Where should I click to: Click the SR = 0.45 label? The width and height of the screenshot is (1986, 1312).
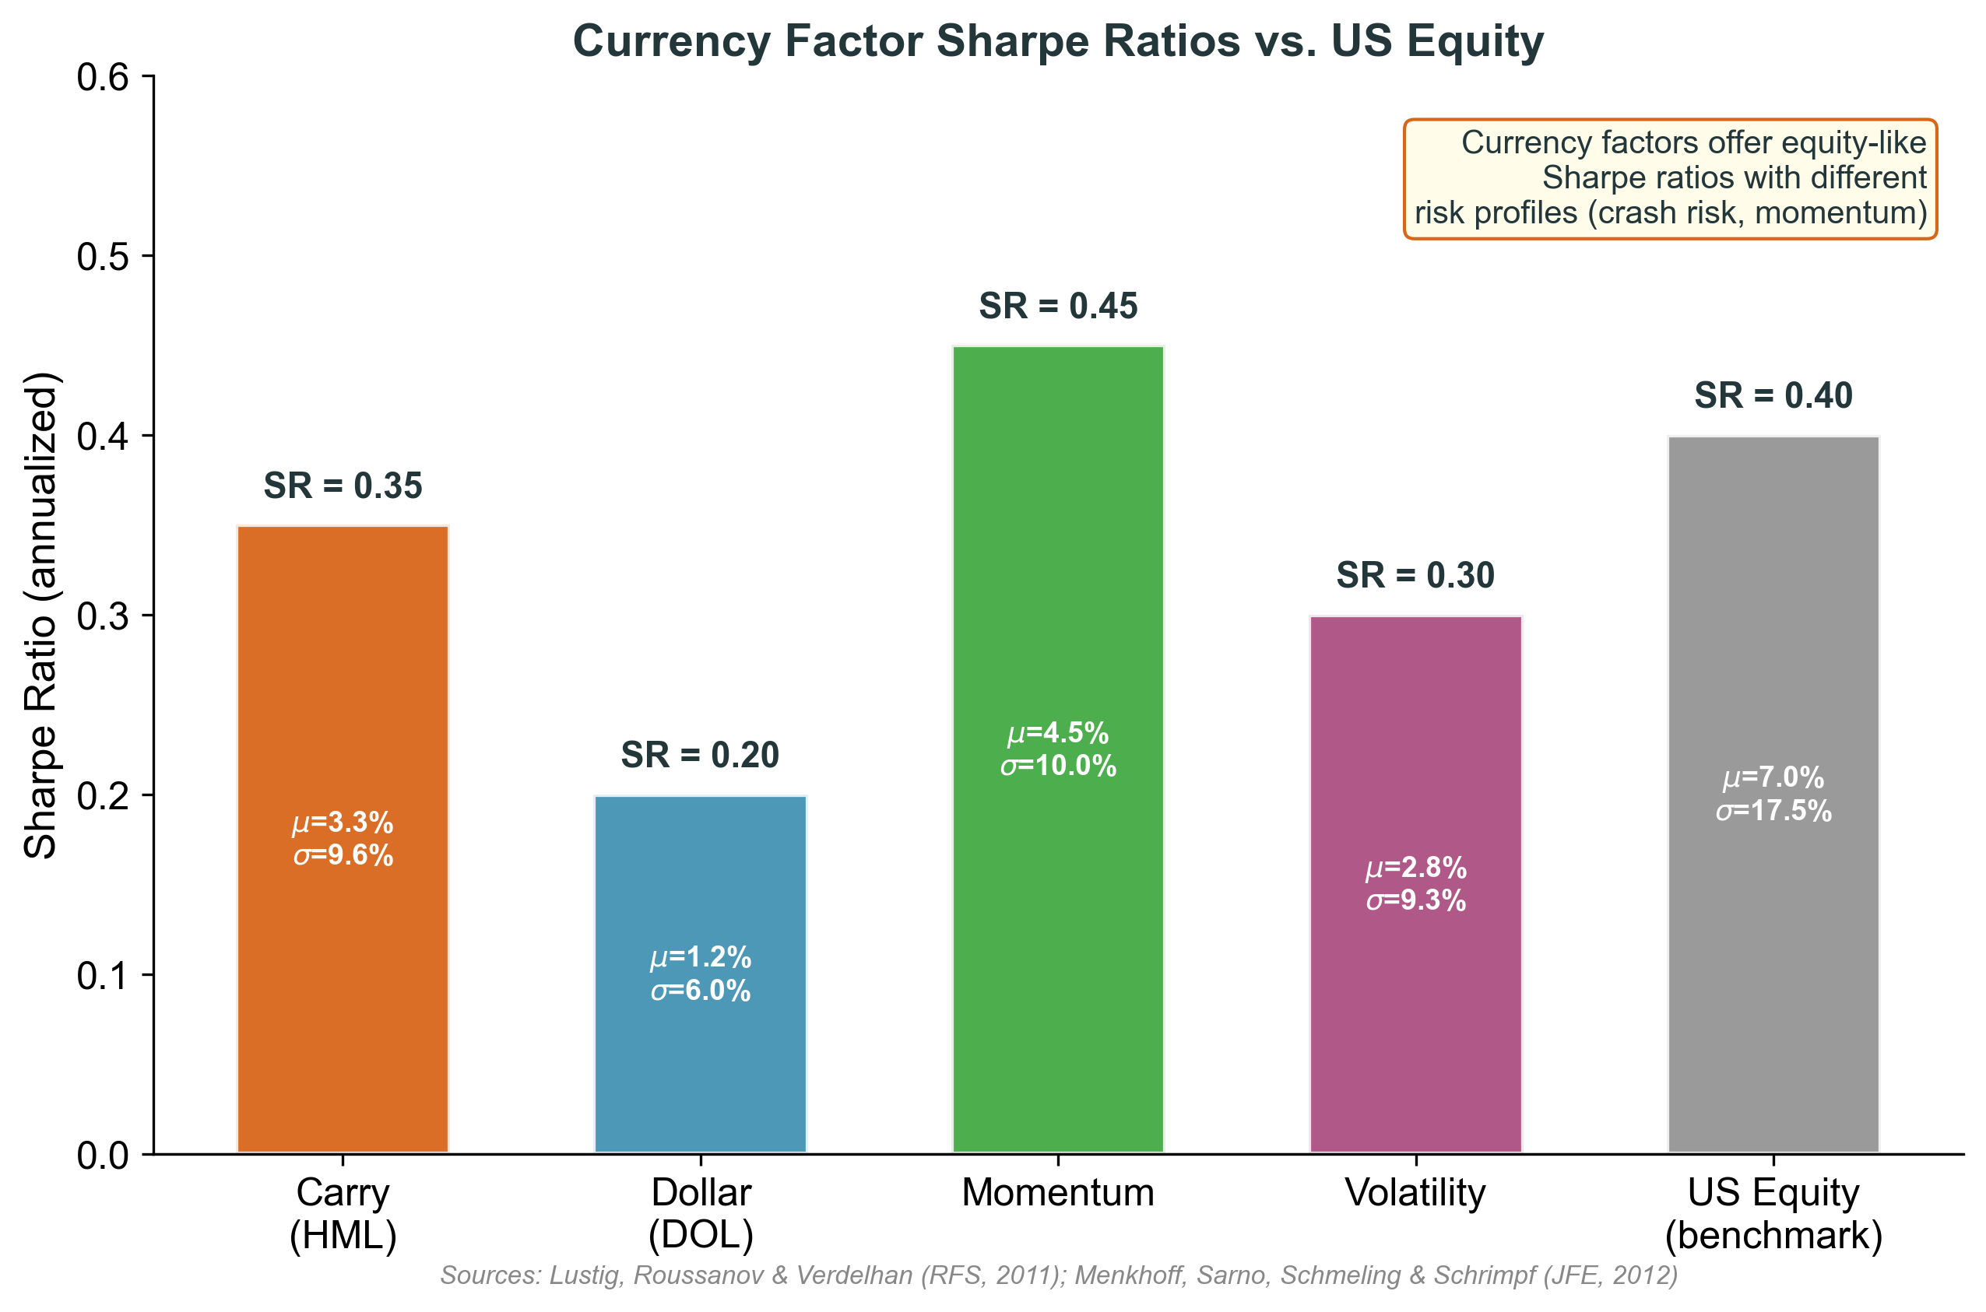[x=1058, y=307]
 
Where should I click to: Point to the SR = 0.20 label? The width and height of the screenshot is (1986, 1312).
[x=700, y=756]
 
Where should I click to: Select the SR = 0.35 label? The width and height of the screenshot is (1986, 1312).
[x=343, y=486]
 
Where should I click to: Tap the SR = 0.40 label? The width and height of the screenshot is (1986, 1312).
[x=1773, y=396]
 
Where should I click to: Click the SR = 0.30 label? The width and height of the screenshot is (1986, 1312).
[x=1415, y=576]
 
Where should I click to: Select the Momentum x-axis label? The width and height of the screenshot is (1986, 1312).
[x=1058, y=1192]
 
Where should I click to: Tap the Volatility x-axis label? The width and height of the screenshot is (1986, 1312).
[x=1415, y=1192]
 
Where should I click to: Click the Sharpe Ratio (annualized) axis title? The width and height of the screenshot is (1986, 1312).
[x=40, y=615]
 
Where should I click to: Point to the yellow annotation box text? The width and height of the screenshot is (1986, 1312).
[x=1670, y=178]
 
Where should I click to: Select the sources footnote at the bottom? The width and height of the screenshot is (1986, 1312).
[x=1059, y=1275]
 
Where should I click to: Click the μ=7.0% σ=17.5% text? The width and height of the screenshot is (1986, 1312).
[x=1773, y=794]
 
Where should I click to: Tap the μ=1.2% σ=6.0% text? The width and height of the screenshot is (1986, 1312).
[x=700, y=974]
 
